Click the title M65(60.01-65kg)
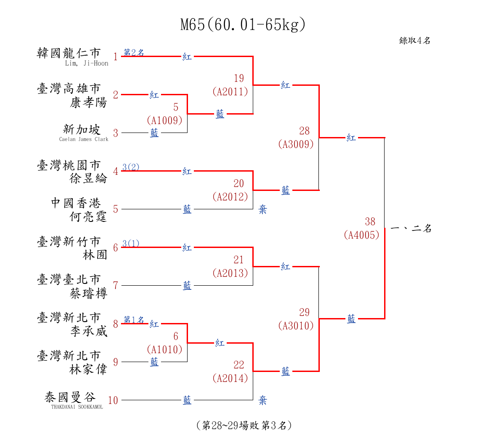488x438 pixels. (243, 25)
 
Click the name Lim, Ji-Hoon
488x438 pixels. (87, 63)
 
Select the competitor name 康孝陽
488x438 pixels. (89, 102)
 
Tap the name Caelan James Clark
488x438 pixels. (84, 139)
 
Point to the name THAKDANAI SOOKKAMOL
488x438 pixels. (77, 407)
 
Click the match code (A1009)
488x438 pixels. (165, 120)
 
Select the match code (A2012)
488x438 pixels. (230, 196)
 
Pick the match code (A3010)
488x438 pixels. (296, 326)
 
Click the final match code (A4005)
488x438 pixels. (362, 234)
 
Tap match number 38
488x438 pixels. (370, 221)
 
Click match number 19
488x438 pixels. (239, 78)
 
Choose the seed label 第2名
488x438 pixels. (134, 52)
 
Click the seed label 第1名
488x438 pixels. (134, 319)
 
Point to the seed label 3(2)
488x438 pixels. (131, 167)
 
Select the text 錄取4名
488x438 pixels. (415, 40)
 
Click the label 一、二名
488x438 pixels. (411, 229)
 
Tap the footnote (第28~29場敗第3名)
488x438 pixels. (244, 425)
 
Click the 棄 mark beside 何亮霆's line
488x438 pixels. (263, 209)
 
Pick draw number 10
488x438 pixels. (113, 400)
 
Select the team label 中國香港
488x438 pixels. (76, 204)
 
